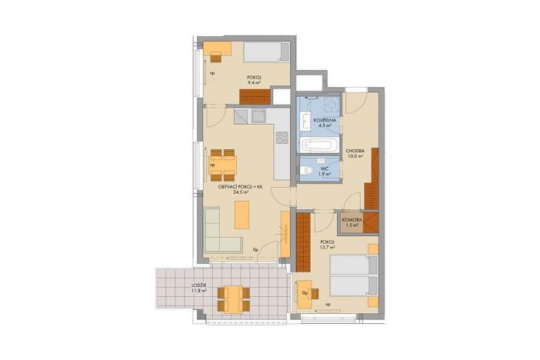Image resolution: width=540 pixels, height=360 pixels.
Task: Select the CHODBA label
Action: pos(355,151)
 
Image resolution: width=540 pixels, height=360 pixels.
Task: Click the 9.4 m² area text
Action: pos(253,82)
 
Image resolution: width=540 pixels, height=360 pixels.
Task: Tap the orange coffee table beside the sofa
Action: pos(242,214)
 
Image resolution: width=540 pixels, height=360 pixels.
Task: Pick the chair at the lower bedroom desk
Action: pos(306,293)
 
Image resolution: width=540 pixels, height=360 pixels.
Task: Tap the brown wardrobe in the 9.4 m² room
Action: pos(256,97)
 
